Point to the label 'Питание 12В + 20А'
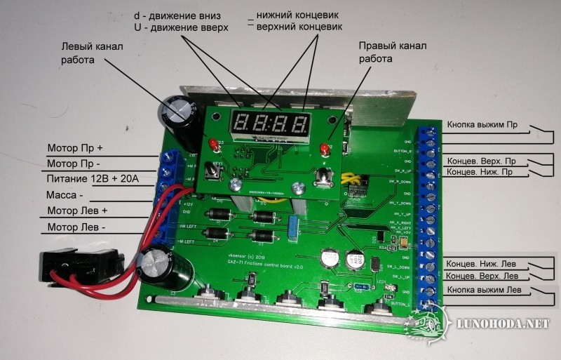coord(93,180)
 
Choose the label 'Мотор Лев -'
coord(76,228)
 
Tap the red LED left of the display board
coord(210,145)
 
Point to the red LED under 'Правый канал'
coord(325,149)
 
